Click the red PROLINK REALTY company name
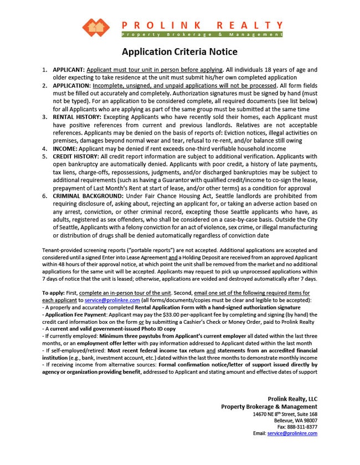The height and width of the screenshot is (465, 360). pos(202,25)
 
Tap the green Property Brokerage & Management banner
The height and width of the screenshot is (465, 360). pos(202,34)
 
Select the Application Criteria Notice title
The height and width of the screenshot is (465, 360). pos(179,52)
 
